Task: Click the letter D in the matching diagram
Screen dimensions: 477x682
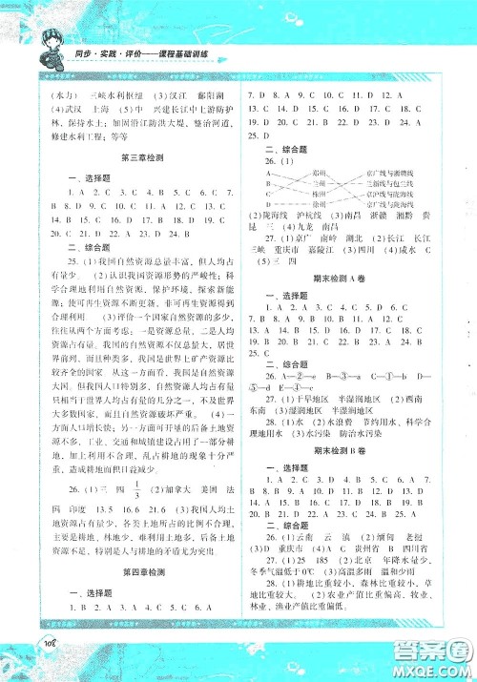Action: pos(270,202)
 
